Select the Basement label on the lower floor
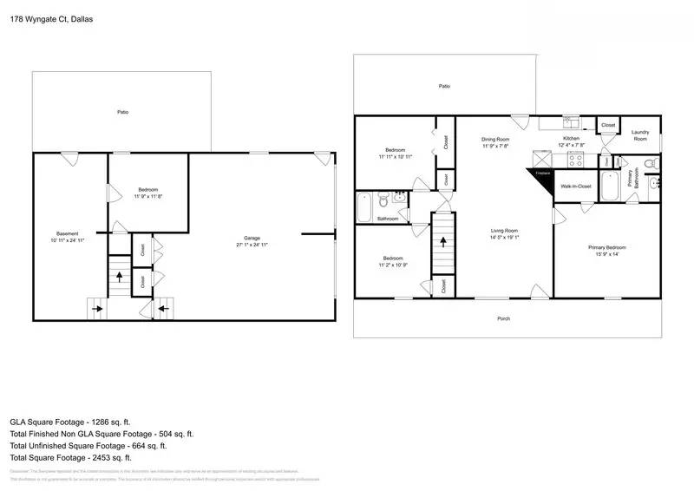click(68, 233)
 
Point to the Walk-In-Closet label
click(575, 186)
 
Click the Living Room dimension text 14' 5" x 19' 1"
click(504, 238)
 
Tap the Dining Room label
click(496, 139)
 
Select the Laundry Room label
click(640, 136)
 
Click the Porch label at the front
click(503, 318)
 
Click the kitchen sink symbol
click(572, 121)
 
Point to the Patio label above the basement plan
click(122, 113)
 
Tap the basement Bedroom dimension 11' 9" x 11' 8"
click(147, 197)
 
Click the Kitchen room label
click(571, 139)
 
